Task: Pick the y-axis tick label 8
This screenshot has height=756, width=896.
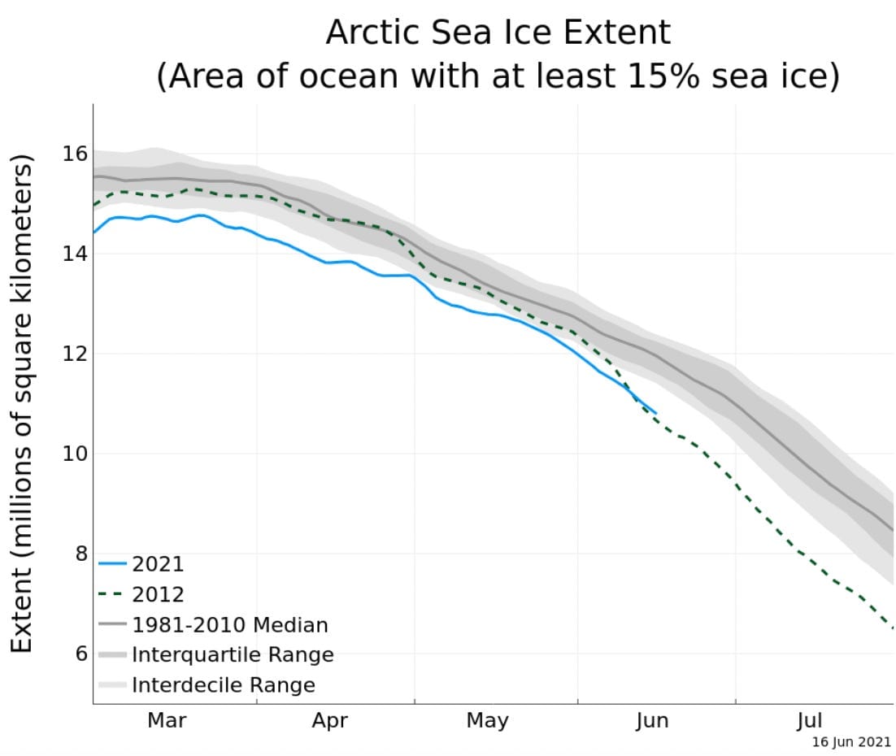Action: [x=79, y=553]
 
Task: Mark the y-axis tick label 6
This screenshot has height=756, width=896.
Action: [x=79, y=653]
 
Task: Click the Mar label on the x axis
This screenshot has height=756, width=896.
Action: [x=167, y=719]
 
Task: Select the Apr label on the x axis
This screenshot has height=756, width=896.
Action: [x=330, y=719]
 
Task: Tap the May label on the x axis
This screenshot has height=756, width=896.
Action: [x=487, y=719]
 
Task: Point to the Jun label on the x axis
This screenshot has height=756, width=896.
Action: [x=651, y=719]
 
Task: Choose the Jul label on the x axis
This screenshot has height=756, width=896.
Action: [x=809, y=719]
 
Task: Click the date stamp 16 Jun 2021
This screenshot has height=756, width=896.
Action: [x=851, y=742]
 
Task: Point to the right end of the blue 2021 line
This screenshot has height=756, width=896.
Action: [x=655, y=412]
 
